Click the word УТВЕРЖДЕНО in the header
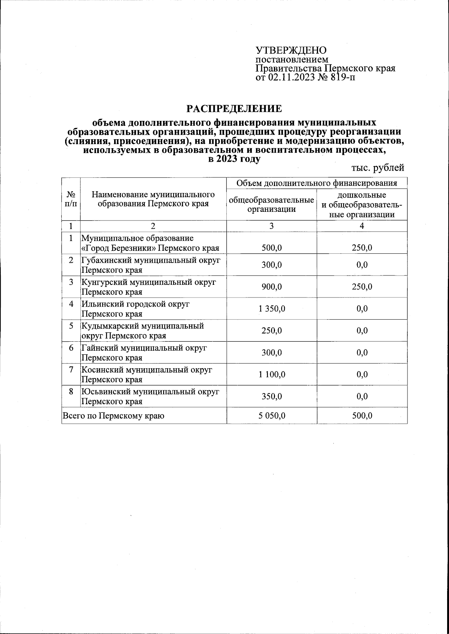point(291,51)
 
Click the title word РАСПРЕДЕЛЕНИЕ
point(234,109)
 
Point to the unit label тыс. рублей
point(378,168)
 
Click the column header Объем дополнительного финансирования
point(317,183)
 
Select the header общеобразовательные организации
point(271,204)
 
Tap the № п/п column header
point(71,199)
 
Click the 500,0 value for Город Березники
point(272,248)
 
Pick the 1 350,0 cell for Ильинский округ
point(272,309)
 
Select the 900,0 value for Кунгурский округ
point(272,287)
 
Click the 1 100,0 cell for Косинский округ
point(272,374)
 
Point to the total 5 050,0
point(272,415)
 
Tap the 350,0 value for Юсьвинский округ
point(272,396)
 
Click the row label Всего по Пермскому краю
point(114,415)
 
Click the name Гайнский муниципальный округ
point(144,348)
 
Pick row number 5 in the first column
point(71,326)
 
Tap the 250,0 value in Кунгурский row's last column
point(362,287)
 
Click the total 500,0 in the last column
point(362,415)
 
